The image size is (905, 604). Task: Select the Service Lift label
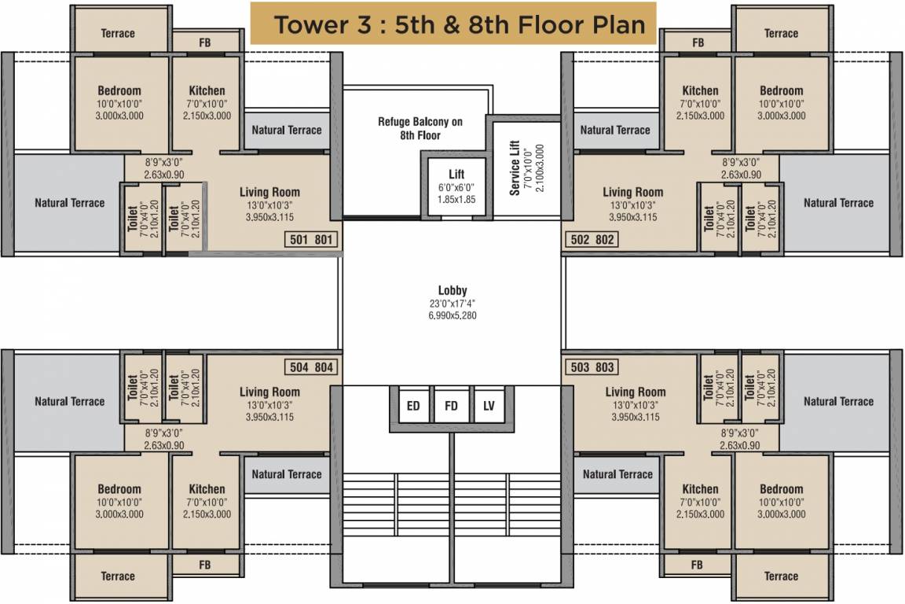click(x=515, y=168)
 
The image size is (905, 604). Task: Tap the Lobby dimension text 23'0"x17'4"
click(x=452, y=303)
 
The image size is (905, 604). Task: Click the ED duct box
click(x=412, y=407)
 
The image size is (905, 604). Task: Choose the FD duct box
click(x=451, y=407)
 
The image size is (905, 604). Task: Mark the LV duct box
click(x=489, y=407)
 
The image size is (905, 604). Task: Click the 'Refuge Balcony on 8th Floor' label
click(x=420, y=128)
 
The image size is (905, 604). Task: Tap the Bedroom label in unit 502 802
click(x=781, y=90)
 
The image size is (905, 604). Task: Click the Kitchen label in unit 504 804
click(x=207, y=489)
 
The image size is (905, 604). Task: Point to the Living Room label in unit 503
click(x=635, y=392)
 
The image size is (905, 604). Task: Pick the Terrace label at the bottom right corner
click(x=781, y=576)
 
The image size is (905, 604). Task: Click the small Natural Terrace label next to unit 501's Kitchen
click(x=287, y=130)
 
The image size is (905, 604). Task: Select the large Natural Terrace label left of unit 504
click(x=69, y=401)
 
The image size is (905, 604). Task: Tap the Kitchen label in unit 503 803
click(x=700, y=489)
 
